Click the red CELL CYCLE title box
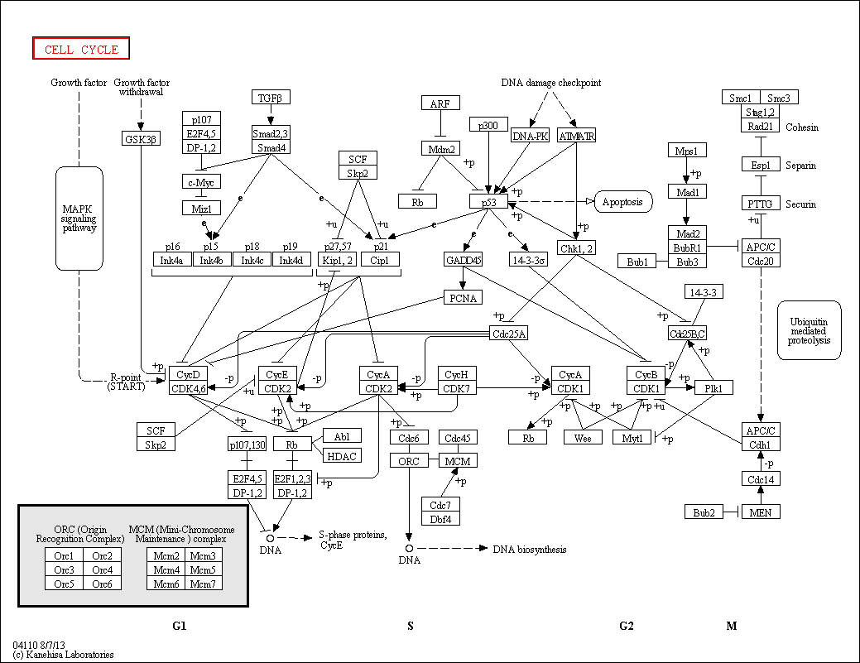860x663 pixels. coord(81,49)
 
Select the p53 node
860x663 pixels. coord(488,201)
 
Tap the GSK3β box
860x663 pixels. coord(140,139)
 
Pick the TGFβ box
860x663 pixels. coord(271,98)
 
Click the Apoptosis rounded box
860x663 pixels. coord(623,201)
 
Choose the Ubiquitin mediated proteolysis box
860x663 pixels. coord(809,329)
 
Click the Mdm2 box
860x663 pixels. coord(440,149)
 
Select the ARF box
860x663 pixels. coord(440,103)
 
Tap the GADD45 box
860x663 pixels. coord(464,260)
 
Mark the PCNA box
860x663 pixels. coord(464,298)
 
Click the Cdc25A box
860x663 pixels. coord(509,334)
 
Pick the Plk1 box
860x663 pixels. coord(713,388)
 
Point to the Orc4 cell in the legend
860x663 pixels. coord(103,569)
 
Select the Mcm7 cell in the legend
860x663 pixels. coord(204,584)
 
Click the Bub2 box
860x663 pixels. coord(704,512)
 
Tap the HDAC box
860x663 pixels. coord(342,455)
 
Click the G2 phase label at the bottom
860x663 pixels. coord(627,626)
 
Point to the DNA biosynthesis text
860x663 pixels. coord(530,549)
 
